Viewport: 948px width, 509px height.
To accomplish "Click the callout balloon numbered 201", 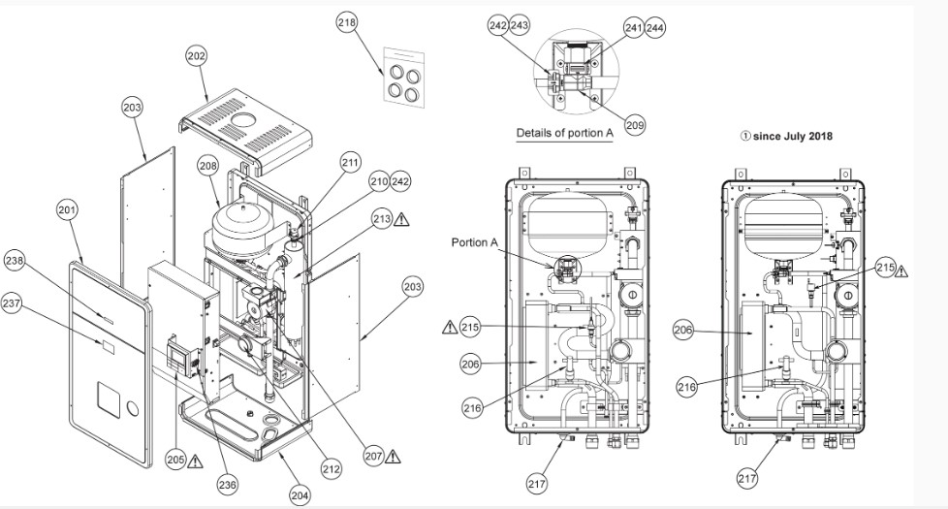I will click(67, 210).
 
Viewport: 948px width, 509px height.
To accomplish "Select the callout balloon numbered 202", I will click(197, 57).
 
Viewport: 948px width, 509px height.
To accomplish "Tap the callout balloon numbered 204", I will click(300, 494).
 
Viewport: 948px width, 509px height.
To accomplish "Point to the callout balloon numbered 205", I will click(174, 460).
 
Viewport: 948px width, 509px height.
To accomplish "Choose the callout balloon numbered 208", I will click(207, 166).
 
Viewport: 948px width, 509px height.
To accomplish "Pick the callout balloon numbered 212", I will click(332, 469).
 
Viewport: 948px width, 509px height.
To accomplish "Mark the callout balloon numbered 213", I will click(381, 220).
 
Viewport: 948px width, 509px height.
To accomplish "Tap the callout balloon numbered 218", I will click(347, 21).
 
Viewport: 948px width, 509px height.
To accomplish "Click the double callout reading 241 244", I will click(646, 29).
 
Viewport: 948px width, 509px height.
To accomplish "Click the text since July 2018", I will click(786, 137).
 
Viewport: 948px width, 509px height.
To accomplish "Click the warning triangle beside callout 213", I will click(403, 220).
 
